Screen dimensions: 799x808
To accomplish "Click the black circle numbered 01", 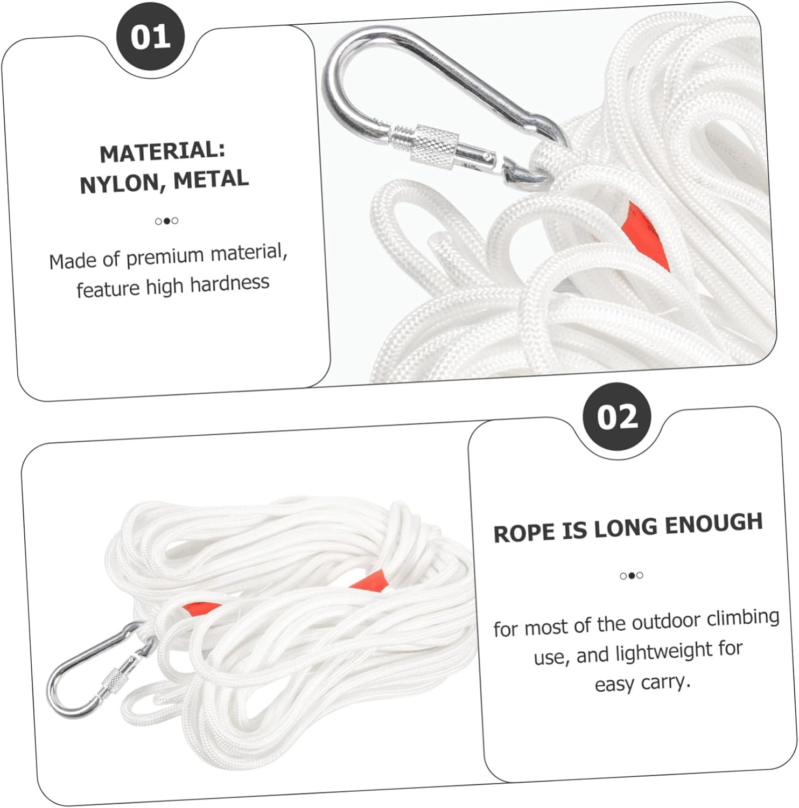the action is [151, 37].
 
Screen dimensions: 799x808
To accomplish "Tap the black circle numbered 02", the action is [617, 416].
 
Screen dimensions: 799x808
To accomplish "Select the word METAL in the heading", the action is [211, 179].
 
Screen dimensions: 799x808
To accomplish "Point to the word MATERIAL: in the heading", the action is [163, 151].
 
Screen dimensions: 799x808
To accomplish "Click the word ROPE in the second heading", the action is [524, 533].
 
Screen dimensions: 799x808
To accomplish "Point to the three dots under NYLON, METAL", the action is [166, 221].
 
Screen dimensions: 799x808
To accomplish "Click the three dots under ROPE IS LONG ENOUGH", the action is [632, 575].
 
